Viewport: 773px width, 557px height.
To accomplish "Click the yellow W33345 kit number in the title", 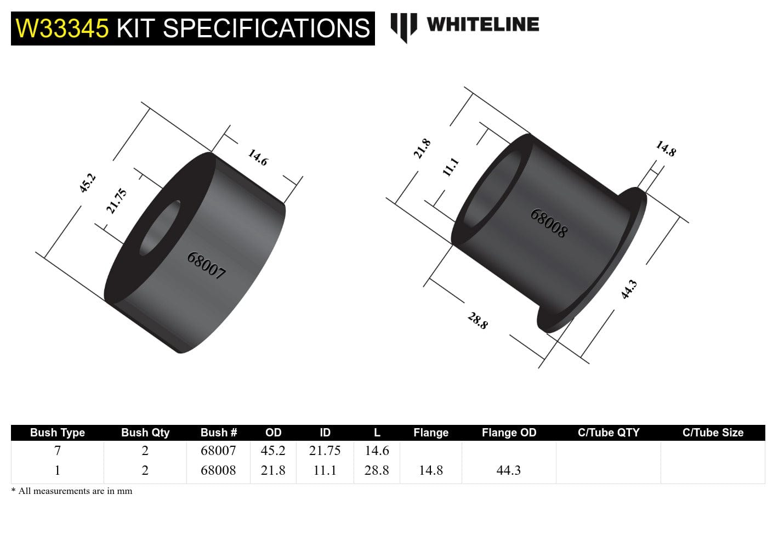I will (x=62, y=29).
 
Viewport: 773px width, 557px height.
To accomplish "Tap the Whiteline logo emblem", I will (x=403, y=27).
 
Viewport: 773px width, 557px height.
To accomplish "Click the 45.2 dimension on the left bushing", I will (x=88, y=183).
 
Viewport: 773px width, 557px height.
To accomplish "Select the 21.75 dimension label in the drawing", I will (x=116, y=201).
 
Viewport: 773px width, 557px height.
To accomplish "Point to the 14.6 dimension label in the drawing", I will (x=258, y=157).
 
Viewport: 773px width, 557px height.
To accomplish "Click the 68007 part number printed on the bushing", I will (x=206, y=265).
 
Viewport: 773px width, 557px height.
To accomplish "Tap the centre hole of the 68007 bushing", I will (x=160, y=228).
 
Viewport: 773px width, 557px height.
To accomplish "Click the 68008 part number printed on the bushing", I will (x=548, y=223).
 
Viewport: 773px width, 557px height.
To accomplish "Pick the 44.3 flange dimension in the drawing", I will (x=629, y=289).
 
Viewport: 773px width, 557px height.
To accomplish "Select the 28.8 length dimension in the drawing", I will (x=478, y=320).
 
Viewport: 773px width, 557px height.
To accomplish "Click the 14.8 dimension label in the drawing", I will (x=666, y=149).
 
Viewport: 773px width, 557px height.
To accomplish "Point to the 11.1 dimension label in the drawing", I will (x=450, y=166).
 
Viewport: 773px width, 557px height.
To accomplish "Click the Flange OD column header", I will (x=508, y=433).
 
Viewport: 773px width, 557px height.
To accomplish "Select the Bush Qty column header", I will (x=145, y=433).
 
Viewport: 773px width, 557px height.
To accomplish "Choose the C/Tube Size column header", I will (x=712, y=433).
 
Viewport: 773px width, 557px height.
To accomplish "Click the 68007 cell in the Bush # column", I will (x=218, y=451).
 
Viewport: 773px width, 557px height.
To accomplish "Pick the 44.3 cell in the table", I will (x=508, y=470).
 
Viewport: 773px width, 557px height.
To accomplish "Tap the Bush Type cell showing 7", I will (x=58, y=451).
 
